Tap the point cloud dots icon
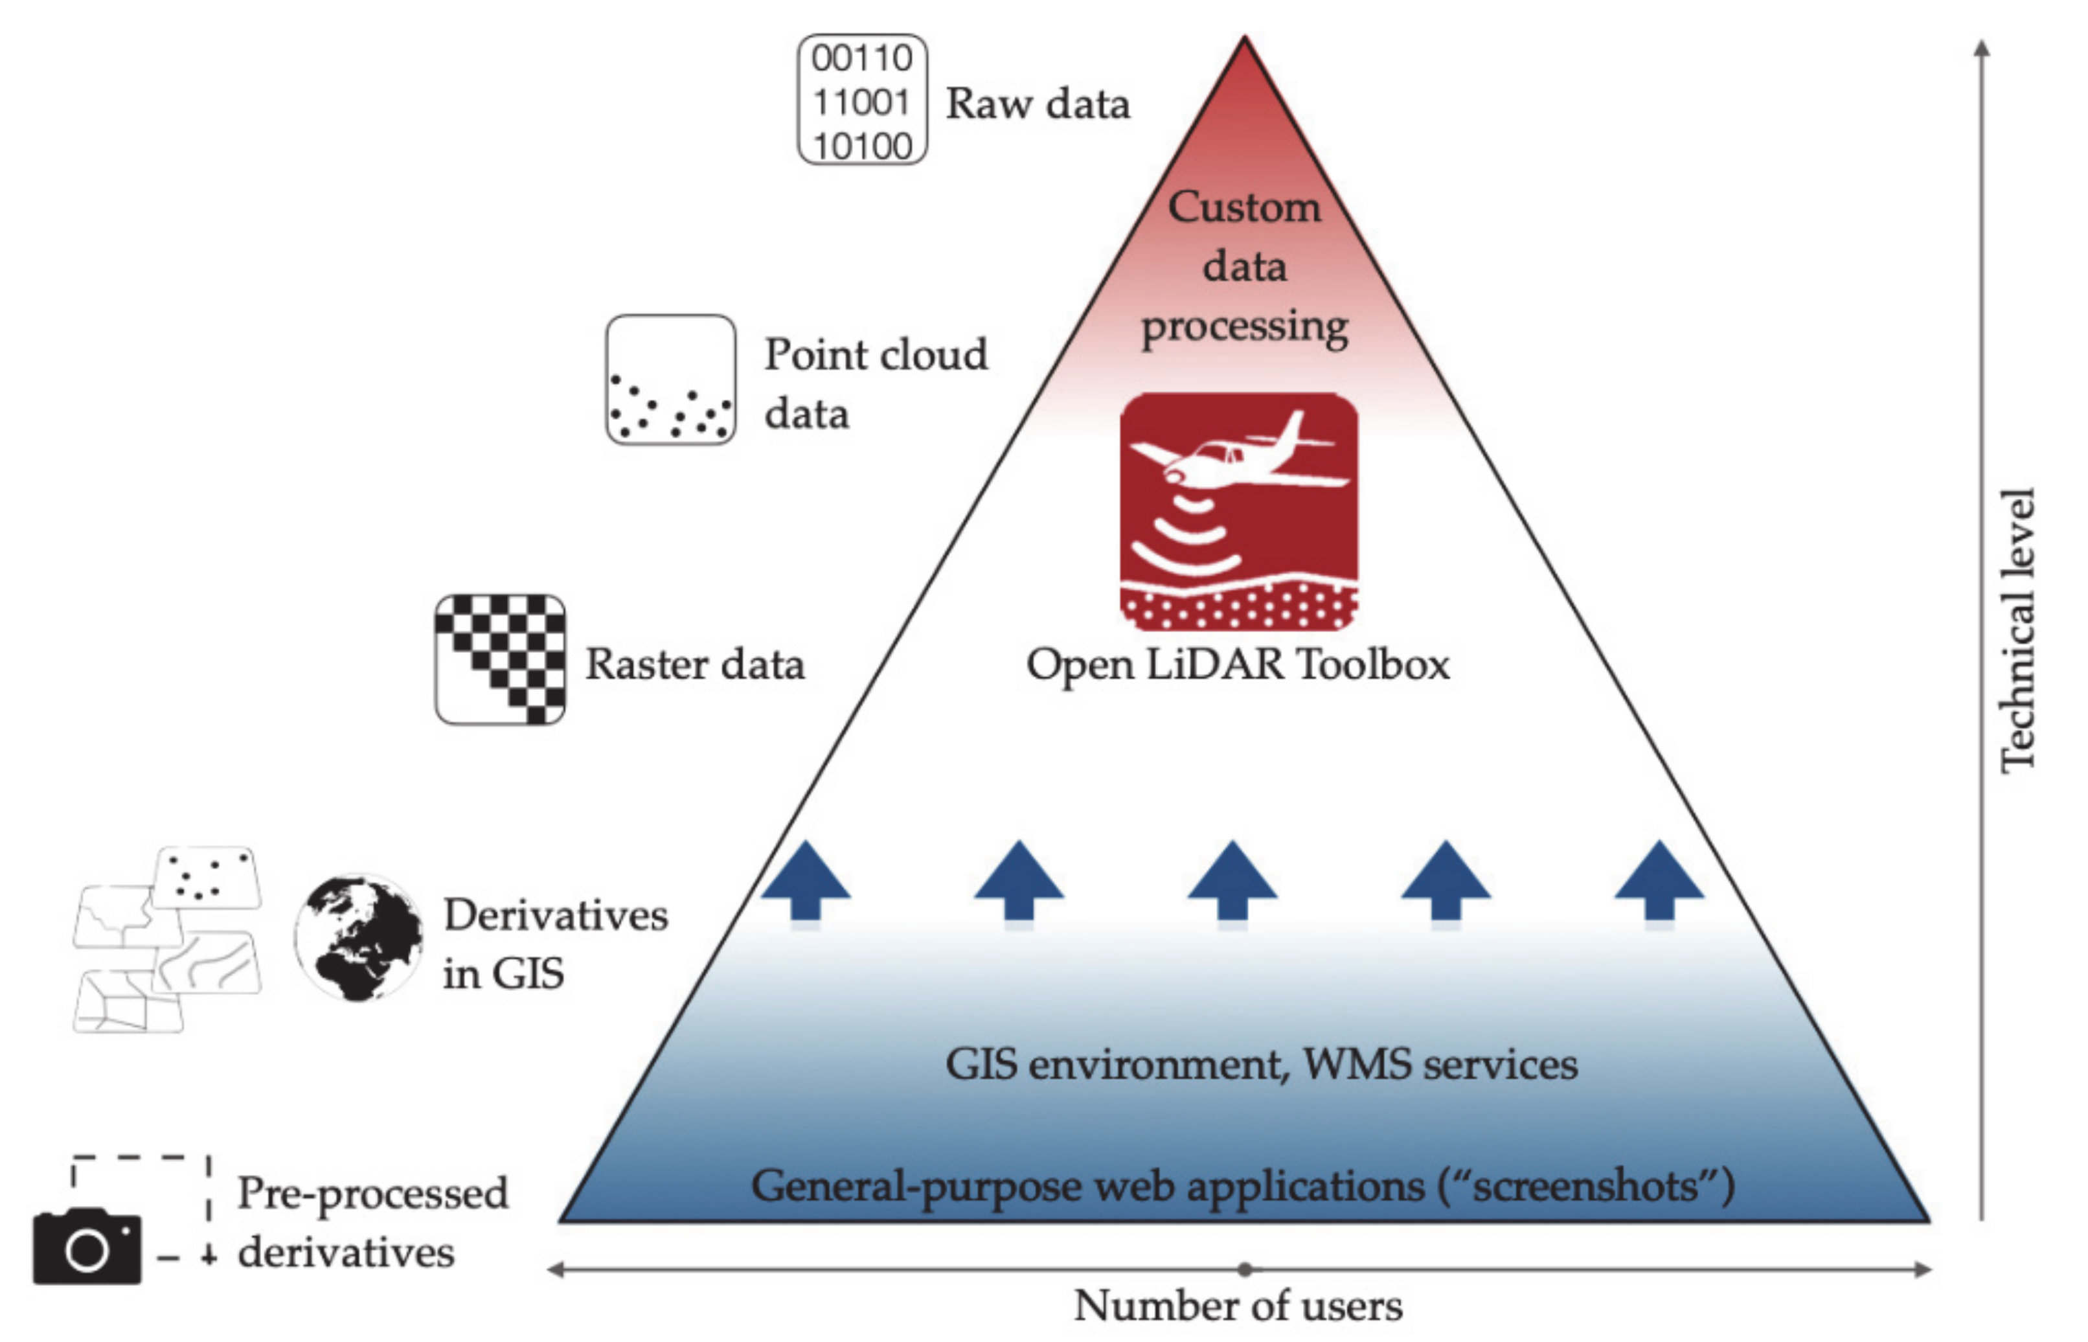point(670,381)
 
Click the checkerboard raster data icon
point(500,660)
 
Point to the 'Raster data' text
point(694,665)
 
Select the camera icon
point(87,1246)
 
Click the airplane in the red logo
point(1238,457)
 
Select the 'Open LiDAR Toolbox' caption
point(1238,665)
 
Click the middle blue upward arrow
point(1232,880)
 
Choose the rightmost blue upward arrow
point(1659,880)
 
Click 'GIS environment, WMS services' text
point(1261,1064)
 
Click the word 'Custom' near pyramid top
point(1243,207)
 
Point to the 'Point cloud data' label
point(875,383)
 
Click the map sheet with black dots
point(207,878)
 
